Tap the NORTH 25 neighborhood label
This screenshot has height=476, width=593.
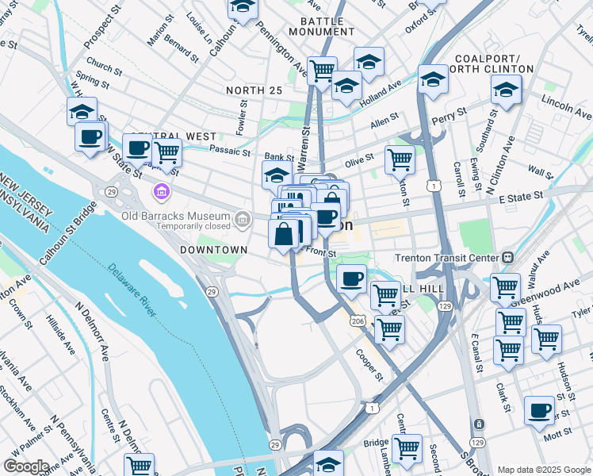click(254, 90)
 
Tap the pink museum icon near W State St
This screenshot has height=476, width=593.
click(162, 192)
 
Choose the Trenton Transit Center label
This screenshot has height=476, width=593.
click(447, 257)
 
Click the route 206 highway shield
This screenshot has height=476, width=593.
click(358, 320)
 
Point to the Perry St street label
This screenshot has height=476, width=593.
click(446, 121)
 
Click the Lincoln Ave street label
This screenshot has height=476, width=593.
click(566, 101)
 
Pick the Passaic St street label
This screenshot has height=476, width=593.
click(229, 148)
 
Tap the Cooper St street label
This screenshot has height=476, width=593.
click(369, 365)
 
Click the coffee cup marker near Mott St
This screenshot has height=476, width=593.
click(539, 411)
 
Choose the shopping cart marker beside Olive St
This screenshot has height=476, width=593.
click(400, 159)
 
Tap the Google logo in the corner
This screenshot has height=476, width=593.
click(27, 466)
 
